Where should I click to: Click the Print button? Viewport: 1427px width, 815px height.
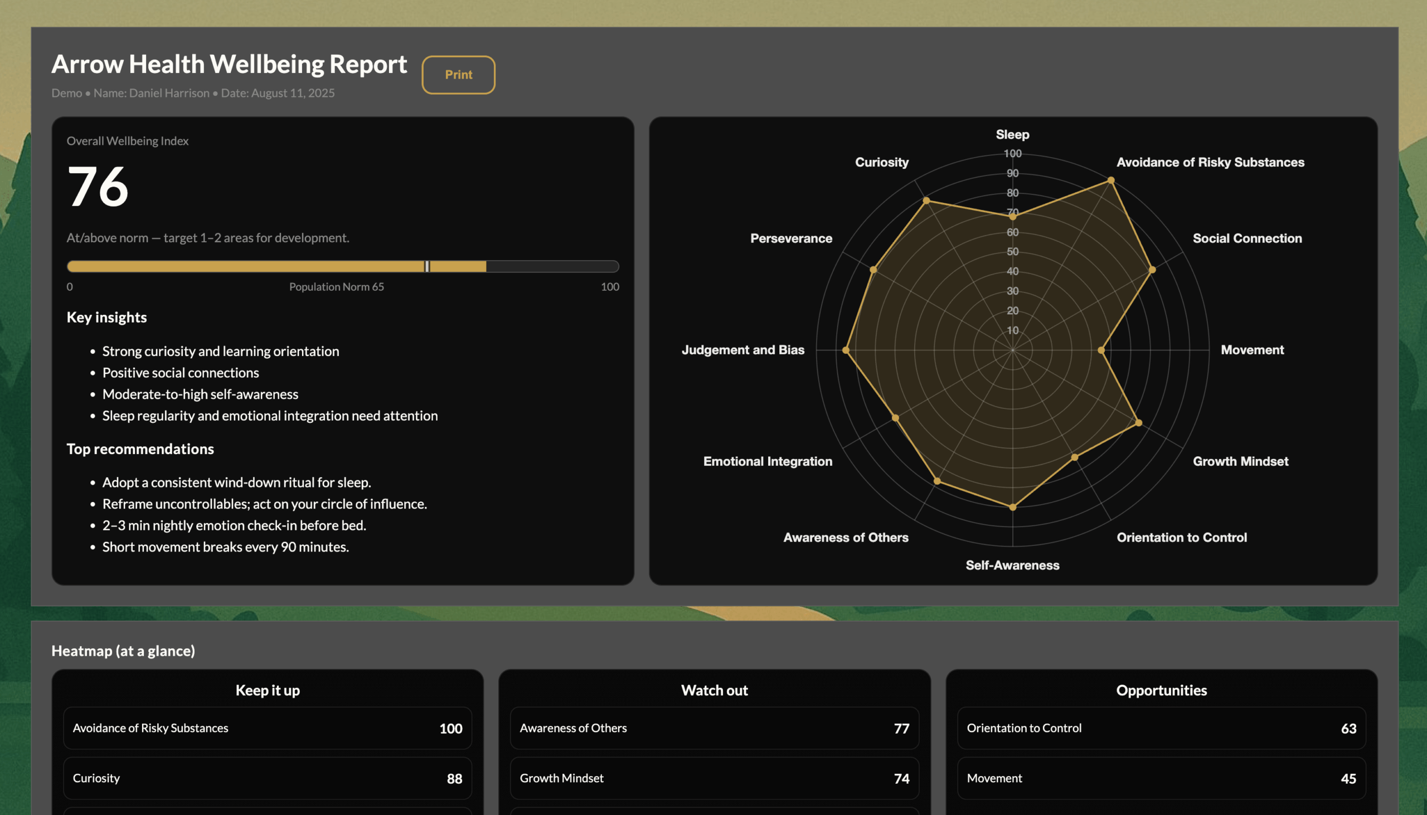(458, 75)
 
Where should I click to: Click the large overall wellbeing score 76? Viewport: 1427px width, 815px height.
(98, 187)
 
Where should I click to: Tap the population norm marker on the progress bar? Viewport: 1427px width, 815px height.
(427, 266)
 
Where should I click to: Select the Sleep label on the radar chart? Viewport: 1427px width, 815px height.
(1012, 134)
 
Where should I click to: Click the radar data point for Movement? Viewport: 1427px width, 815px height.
(1101, 350)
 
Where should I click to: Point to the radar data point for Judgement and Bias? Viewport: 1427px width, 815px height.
(846, 350)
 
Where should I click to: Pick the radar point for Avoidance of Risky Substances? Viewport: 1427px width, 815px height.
(1111, 180)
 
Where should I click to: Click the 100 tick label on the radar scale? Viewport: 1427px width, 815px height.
(1012, 153)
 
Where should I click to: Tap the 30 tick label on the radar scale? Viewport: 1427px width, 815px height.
(1012, 291)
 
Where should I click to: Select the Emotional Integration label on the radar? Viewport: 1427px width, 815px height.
(767, 461)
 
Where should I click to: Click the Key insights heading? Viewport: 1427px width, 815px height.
(106, 318)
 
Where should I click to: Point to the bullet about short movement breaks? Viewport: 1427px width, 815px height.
(225, 547)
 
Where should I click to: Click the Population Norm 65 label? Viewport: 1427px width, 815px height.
(336, 286)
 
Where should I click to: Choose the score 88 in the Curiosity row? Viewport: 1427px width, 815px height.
(454, 779)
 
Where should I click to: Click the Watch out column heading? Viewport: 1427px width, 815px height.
(714, 690)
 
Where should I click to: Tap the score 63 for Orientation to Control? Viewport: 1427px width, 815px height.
(1348, 728)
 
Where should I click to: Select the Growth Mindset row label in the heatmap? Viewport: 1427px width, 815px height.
(561, 778)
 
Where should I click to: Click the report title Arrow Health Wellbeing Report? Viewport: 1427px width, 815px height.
(229, 64)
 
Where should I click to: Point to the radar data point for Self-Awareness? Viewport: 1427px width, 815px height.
(1013, 507)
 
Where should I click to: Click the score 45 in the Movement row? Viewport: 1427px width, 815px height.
(1348, 779)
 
